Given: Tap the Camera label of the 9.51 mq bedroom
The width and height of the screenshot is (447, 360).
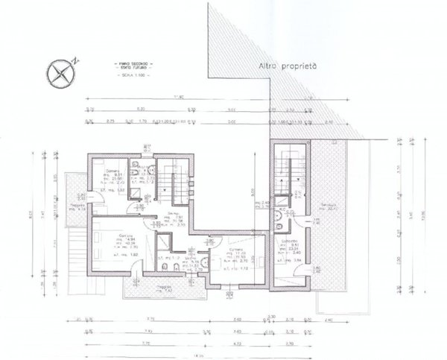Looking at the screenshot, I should click(x=112, y=171).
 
